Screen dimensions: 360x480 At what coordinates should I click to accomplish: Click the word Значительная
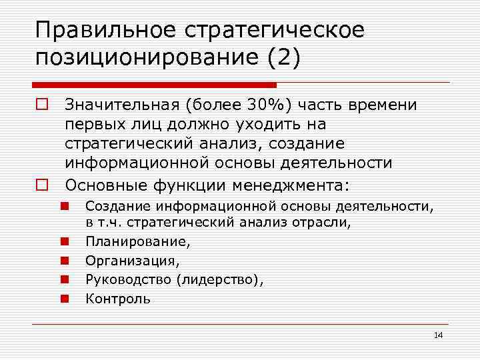click(x=121, y=105)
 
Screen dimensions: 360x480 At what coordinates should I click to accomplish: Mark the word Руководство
click(x=129, y=280)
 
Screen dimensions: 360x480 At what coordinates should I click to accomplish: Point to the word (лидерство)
click(x=220, y=280)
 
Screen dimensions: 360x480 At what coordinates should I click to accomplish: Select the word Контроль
click(x=118, y=299)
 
